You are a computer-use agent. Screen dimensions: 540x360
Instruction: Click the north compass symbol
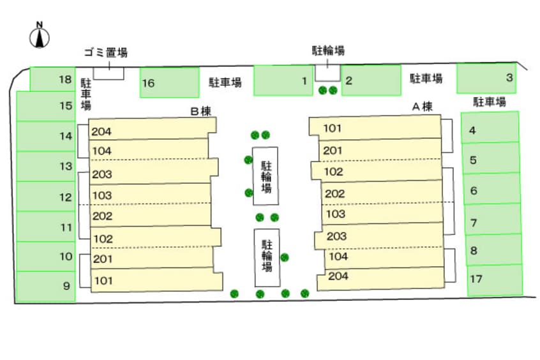click(x=40, y=35)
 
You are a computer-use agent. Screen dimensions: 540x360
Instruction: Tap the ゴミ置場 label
click(x=106, y=52)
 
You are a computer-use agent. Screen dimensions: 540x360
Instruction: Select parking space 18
click(x=52, y=79)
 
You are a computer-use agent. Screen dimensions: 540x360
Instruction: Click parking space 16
click(x=169, y=83)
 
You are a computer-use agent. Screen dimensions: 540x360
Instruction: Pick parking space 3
click(x=486, y=79)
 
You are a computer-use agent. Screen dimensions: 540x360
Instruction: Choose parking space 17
click(x=495, y=280)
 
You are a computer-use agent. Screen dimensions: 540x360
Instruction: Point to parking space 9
click(x=45, y=287)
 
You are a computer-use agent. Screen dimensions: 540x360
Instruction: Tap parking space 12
click(x=46, y=197)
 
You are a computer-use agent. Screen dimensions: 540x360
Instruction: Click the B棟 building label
click(x=201, y=111)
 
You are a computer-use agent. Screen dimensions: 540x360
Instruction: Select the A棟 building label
click(x=422, y=107)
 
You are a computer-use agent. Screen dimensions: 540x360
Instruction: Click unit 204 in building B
click(x=153, y=129)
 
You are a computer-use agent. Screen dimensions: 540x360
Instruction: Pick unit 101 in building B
click(x=156, y=280)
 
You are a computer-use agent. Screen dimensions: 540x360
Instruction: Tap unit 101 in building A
click(x=375, y=128)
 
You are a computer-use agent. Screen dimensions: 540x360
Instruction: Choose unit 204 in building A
click(x=380, y=278)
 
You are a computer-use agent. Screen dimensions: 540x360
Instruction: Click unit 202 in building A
click(x=382, y=192)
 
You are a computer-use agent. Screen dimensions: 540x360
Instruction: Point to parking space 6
click(x=492, y=189)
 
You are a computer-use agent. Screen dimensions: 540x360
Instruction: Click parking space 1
click(x=283, y=80)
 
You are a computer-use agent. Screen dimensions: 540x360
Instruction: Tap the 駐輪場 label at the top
click(x=328, y=50)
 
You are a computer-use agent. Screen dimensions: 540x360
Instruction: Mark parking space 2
click(x=371, y=80)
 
